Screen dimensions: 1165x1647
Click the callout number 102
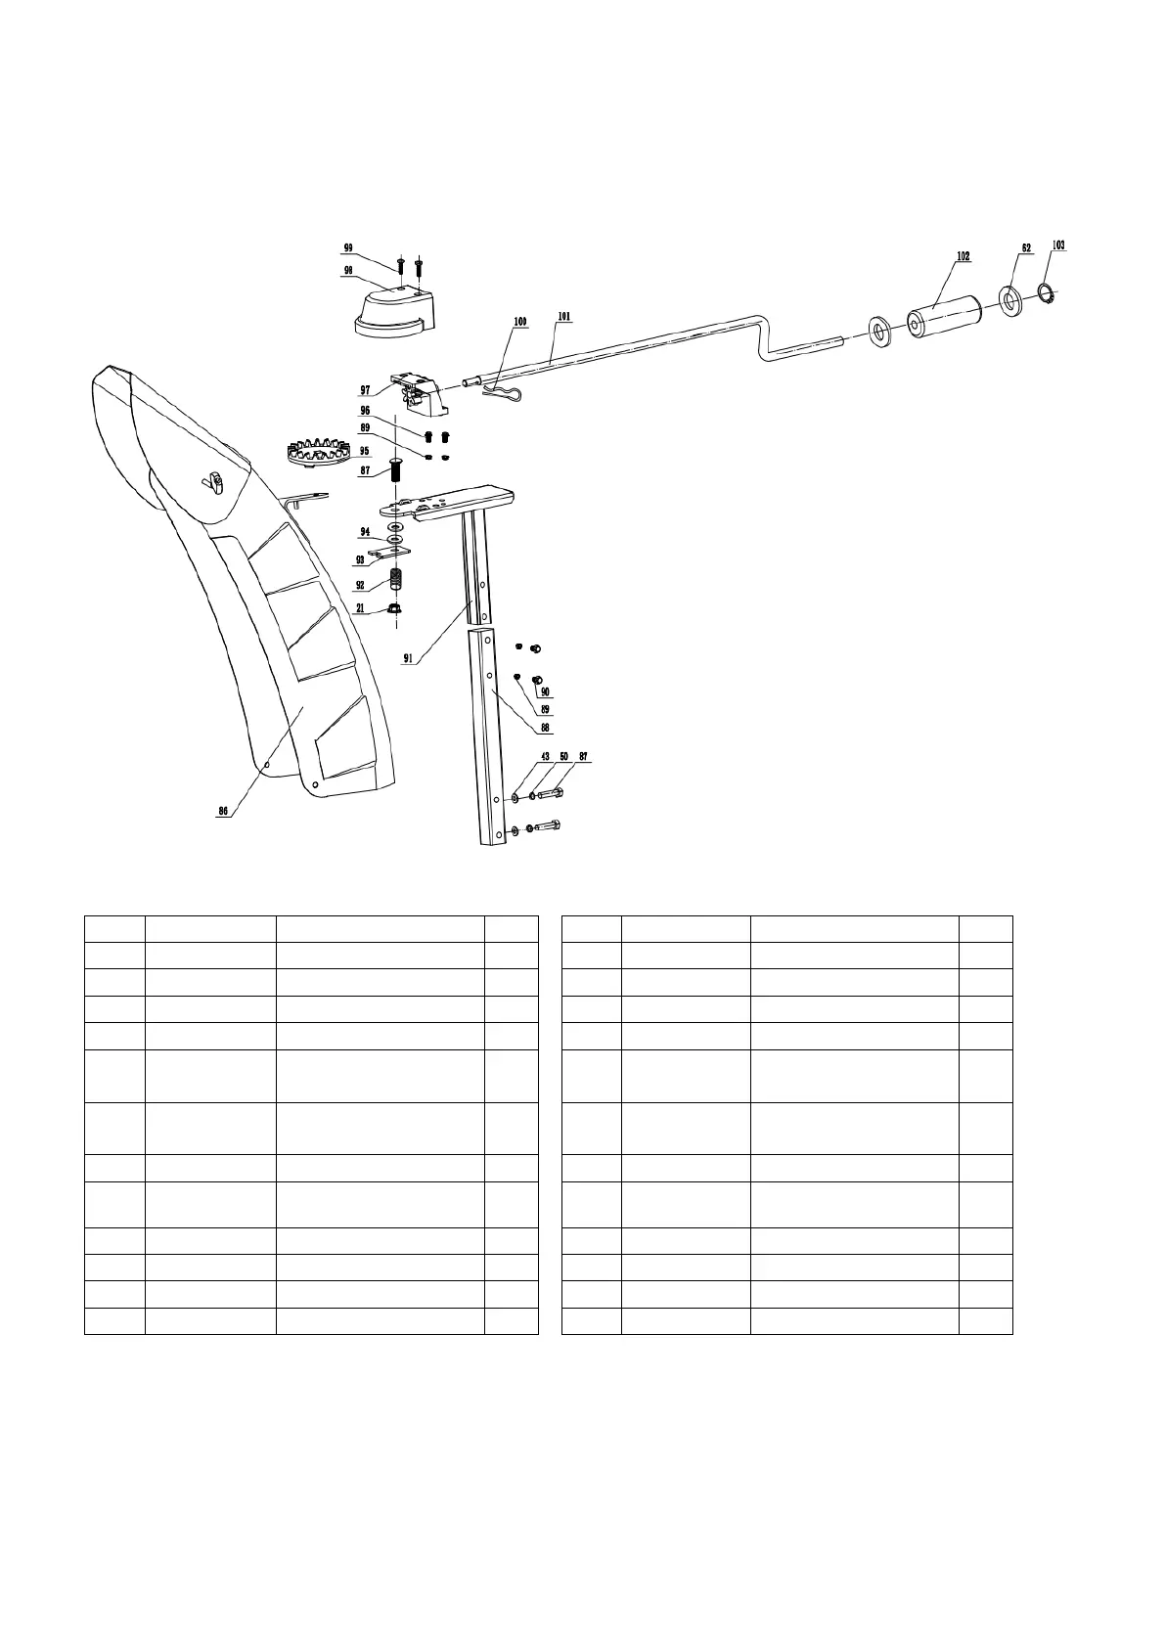point(963,256)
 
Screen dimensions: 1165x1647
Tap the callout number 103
point(1058,245)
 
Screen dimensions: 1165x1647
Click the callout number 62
point(1026,248)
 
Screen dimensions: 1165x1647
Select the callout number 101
point(564,317)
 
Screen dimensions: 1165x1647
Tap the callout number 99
point(347,247)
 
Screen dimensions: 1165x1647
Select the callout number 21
point(360,608)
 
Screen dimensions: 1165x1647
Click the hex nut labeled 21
point(395,610)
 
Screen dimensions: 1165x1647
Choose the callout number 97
point(364,390)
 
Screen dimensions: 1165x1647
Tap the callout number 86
point(223,811)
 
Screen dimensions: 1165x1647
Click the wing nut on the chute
point(212,480)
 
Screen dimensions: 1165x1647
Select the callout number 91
point(408,659)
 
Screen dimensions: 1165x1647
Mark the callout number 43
point(545,756)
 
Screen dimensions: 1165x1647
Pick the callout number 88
point(545,728)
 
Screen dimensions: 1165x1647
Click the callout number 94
point(364,532)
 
